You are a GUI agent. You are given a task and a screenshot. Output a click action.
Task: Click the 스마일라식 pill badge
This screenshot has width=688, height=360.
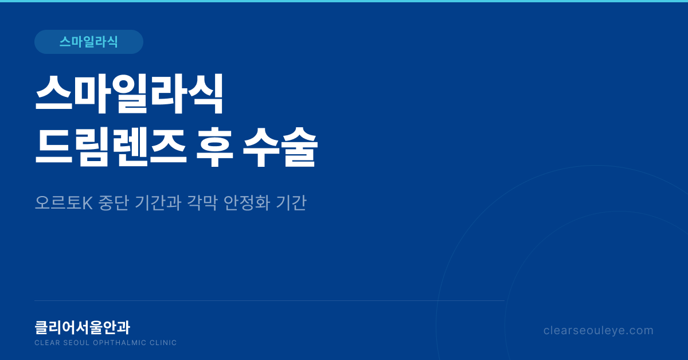pos(89,42)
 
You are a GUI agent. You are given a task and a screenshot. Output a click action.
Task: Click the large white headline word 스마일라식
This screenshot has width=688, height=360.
pos(129,94)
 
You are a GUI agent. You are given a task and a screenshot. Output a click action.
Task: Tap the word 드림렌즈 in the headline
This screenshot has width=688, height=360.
pos(111,147)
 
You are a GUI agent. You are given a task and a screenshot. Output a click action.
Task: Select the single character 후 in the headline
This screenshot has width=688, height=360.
pos(214,147)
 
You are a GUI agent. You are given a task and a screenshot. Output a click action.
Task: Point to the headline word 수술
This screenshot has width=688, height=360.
pos(280,147)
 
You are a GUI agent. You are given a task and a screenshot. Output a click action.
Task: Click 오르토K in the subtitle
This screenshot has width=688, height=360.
pos(64,203)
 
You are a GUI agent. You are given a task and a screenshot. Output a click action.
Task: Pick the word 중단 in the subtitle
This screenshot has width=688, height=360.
pos(114,203)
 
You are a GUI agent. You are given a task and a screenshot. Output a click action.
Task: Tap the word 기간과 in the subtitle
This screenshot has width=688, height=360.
pos(158,203)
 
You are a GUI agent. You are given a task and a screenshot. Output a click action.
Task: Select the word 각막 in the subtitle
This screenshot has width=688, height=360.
pos(202,203)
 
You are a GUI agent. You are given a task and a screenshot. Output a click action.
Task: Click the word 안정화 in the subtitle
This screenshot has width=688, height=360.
pos(247,203)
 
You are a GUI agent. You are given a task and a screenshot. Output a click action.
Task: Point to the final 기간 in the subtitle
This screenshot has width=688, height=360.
pos(291,203)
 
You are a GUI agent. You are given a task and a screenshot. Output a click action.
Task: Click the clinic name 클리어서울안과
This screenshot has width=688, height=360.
pos(83,327)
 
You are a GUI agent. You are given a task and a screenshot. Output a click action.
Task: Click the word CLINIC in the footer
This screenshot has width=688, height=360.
pos(163,343)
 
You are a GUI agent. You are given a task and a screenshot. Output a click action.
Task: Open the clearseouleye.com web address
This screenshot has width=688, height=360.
pos(599,331)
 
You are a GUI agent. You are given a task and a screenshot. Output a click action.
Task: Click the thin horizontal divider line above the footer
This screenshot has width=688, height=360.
pos(269,300)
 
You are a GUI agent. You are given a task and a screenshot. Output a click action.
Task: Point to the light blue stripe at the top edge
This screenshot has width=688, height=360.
pos(344,1)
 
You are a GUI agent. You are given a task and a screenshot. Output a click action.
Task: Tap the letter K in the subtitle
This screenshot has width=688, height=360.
pos(88,203)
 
